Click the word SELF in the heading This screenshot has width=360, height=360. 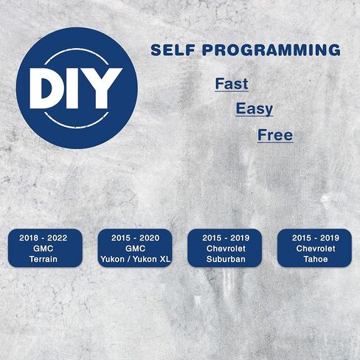tap(173, 50)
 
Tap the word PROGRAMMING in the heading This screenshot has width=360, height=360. tap(271, 50)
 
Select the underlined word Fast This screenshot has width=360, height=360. tap(232, 84)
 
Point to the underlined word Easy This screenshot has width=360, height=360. tap(255, 109)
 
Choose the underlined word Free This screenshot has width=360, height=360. tap(275, 135)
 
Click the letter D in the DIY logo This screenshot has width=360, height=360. tap(46, 89)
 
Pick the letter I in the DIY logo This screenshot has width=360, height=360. tap(74, 89)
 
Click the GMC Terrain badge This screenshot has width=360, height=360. tap(45, 248)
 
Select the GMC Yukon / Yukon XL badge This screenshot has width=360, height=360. tap(135, 248)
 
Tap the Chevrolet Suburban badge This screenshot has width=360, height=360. tap(224, 248)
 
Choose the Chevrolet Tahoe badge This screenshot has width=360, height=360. tap(314, 248)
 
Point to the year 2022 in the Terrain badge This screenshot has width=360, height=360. tap(57, 238)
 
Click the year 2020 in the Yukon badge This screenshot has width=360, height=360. tap(149, 238)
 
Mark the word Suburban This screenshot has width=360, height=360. tap(226, 259)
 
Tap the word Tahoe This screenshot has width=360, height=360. tap(316, 259)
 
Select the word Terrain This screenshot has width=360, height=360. tap(44, 259)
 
